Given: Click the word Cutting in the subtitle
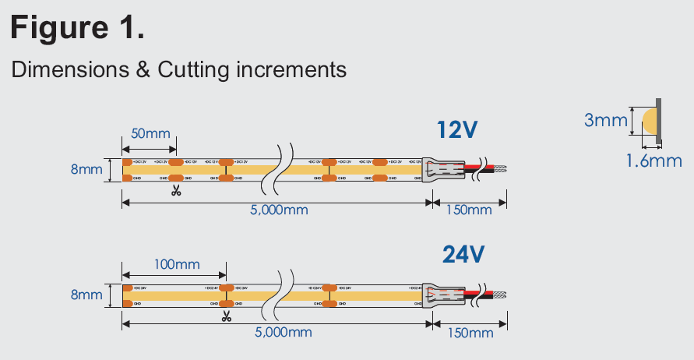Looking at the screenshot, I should pyautogui.click(x=193, y=69).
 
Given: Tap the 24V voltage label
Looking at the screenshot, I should pyautogui.click(x=463, y=254).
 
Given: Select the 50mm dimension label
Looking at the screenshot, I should pyautogui.click(x=150, y=133).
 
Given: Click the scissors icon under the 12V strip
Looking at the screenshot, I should pyautogui.click(x=176, y=189).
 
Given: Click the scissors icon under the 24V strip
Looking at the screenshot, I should pyautogui.click(x=226, y=316).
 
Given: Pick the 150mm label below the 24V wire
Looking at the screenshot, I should pyautogui.click(x=470, y=333).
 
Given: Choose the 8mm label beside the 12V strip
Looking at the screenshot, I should pyautogui.click(x=86, y=169).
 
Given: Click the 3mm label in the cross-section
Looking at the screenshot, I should pyautogui.click(x=606, y=120).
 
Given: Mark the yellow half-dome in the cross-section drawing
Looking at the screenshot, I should pyautogui.click(x=649, y=121).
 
